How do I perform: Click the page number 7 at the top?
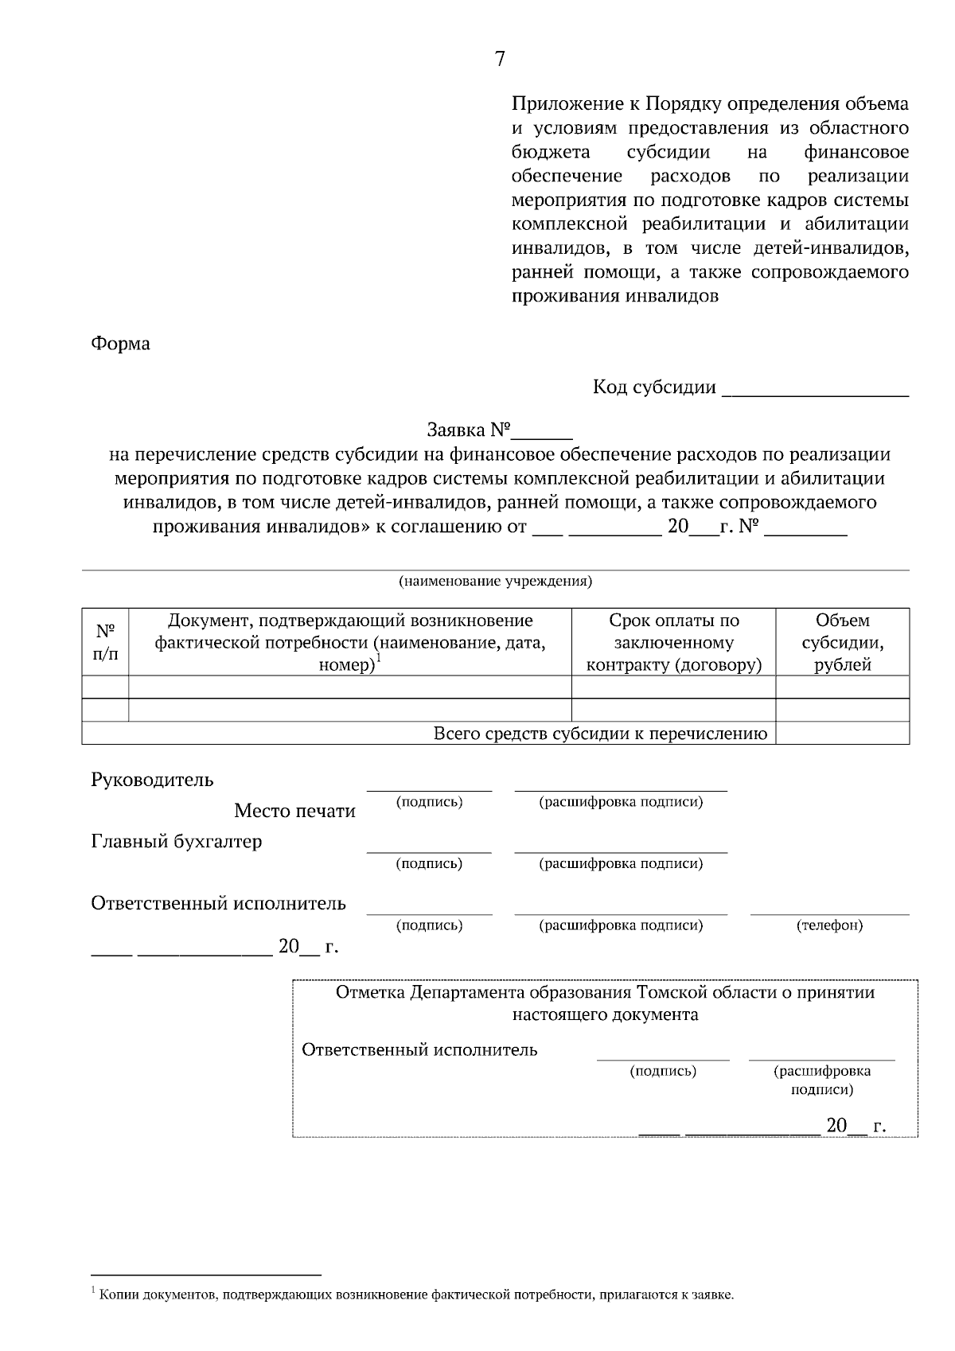[500, 59]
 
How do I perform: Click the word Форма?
[120, 344]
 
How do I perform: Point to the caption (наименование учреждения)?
[495, 581]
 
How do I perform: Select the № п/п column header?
[105, 642]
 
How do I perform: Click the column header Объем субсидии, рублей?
[842, 642]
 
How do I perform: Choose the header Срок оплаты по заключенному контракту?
[673, 642]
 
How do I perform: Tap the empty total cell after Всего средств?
[842, 734]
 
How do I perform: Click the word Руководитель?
[152, 779]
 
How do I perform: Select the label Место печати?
[294, 811]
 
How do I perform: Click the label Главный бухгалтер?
[176, 841]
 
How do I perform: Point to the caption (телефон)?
[829, 925]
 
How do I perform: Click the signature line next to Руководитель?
[429, 788]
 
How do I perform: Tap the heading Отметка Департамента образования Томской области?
[605, 992]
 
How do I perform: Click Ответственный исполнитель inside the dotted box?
[419, 1049]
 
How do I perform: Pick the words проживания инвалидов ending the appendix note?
[614, 297]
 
